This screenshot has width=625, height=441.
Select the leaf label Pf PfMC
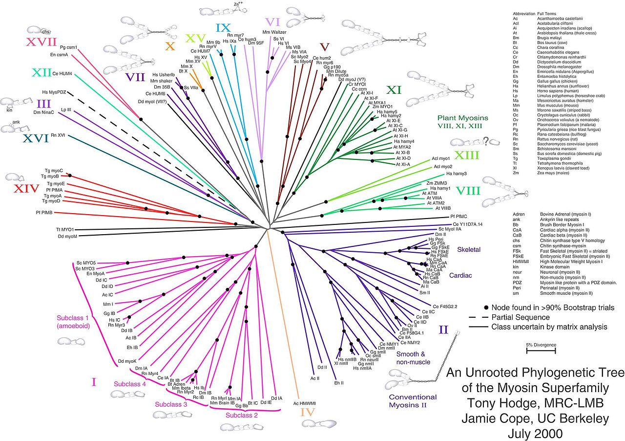tap(458, 216)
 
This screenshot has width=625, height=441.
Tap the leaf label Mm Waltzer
tap(274, 32)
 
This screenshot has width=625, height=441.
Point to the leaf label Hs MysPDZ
tap(54, 92)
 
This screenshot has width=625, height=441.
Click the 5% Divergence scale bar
tap(541, 351)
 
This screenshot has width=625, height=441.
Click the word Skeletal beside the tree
tap(469, 249)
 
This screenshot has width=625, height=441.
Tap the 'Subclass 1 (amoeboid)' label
tap(72, 321)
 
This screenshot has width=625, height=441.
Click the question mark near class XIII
tap(486, 141)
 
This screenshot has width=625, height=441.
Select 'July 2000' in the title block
tap(535, 433)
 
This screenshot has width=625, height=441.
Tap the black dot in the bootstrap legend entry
tap(486, 308)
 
